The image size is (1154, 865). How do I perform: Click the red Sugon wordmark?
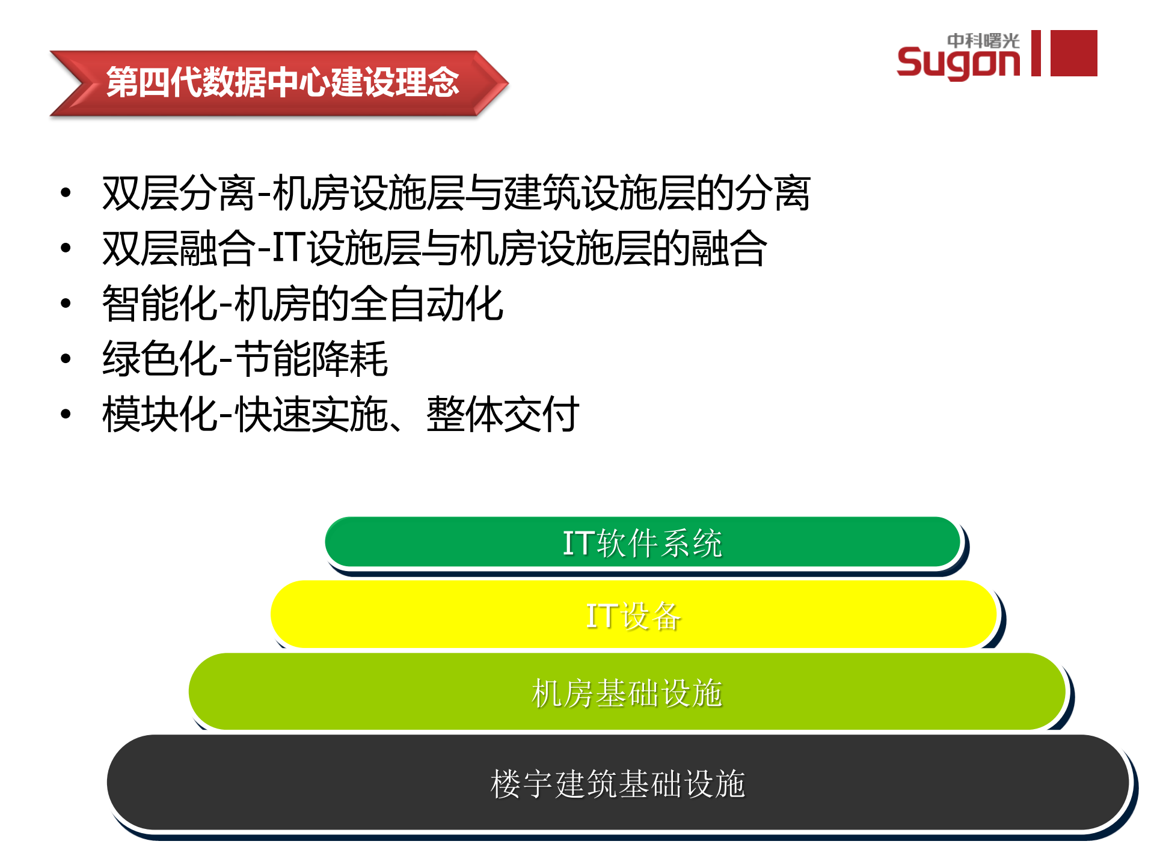coord(957,62)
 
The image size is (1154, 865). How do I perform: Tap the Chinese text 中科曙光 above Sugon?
coord(983,40)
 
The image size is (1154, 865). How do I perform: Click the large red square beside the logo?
coord(1073,53)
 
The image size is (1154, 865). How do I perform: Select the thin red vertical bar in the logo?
coord(1036,53)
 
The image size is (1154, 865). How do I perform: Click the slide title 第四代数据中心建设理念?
coord(283,82)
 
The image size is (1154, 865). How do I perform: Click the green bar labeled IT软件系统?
coord(642,542)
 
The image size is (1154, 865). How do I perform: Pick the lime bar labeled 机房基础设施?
coord(627,692)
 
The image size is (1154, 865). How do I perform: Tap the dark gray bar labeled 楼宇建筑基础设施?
coord(618,783)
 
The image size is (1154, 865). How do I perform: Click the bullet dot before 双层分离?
coord(66,193)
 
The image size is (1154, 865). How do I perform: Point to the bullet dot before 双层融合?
coord(66,248)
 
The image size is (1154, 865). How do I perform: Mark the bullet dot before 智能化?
coord(66,303)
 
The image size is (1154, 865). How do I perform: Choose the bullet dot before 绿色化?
coord(66,359)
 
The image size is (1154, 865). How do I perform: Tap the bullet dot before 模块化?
coord(66,414)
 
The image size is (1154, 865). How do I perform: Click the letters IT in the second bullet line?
coord(288,248)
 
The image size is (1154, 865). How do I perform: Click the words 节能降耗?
coord(311,359)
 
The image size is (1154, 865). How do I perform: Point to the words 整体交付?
coord(503,414)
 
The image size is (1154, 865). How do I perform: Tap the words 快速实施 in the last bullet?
coord(312,414)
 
